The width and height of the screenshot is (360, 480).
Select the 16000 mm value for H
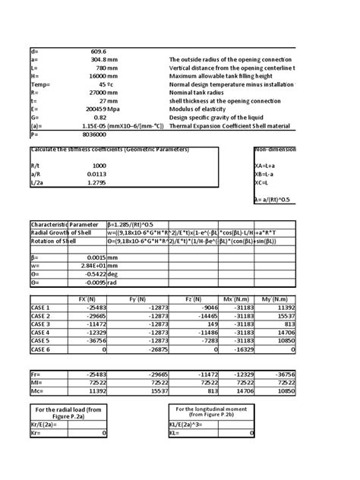[x=93, y=76]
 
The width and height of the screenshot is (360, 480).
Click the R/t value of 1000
[x=99, y=165]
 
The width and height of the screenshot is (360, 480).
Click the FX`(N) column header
[x=87, y=299]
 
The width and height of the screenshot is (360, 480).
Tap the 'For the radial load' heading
[x=68, y=411]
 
